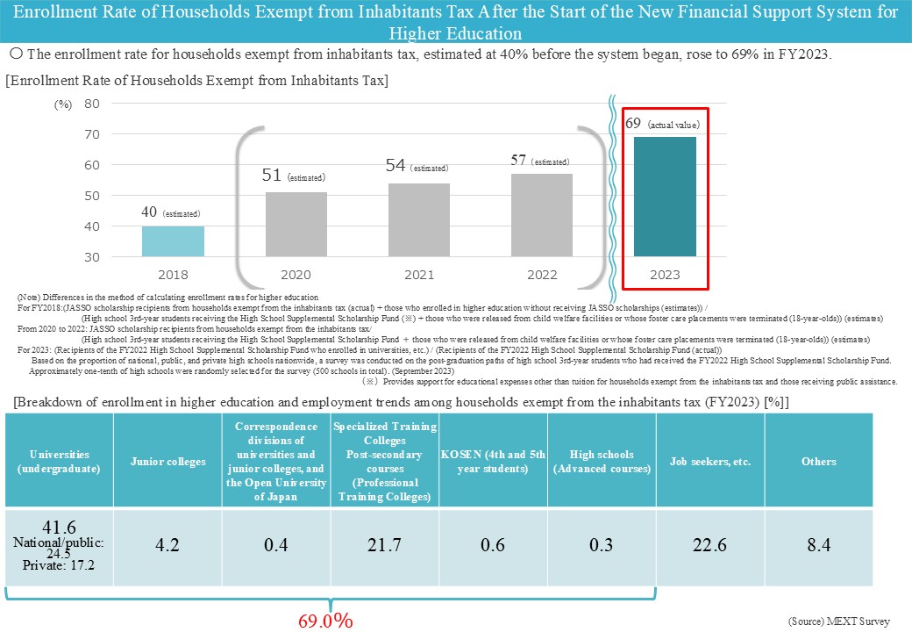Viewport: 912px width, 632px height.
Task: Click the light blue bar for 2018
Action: pyautogui.click(x=173, y=241)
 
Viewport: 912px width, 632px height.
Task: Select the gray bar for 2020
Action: pyautogui.click(x=296, y=224)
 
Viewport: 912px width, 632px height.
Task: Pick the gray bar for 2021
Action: pyautogui.click(x=418, y=219)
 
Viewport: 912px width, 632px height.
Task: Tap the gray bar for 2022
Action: pyautogui.click(x=541, y=215)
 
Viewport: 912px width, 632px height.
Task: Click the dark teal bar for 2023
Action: pyautogui.click(x=664, y=197)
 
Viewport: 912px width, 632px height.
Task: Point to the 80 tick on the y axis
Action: pyautogui.click(x=92, y=104)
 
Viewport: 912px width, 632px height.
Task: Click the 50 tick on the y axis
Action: pyautogui.click(x=92, y=196)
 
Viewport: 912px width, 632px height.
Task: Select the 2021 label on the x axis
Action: pyautogui.click(x=418, y=275)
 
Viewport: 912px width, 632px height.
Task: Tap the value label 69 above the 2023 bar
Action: pyautogui.click(x=634, y=124)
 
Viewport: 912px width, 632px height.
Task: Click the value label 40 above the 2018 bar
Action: pyautogui.click(x=150, y=212)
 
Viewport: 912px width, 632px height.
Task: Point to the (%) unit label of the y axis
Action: pyautogui.click(x=63, y=104)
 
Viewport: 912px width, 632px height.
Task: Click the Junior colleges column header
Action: pyautogui.click(x=167, y=462)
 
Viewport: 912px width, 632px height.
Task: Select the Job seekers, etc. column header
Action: pyautogui.click(x=710, y=462)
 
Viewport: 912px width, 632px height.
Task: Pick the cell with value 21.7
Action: pyautogui.click(x=384, y=545)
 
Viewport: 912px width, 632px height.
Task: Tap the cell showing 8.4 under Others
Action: pyautogui.click(x=818, y=545)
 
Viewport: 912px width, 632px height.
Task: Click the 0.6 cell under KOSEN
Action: pyautogui.click(x=493, y=545)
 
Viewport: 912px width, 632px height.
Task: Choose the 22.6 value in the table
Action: pyautogui.click(x=709, y=545)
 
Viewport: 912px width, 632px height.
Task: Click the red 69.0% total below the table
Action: pyautogui.click(x=325, y=621)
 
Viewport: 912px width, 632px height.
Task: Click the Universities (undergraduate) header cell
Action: pyautogui.click(x=59, y=462)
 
